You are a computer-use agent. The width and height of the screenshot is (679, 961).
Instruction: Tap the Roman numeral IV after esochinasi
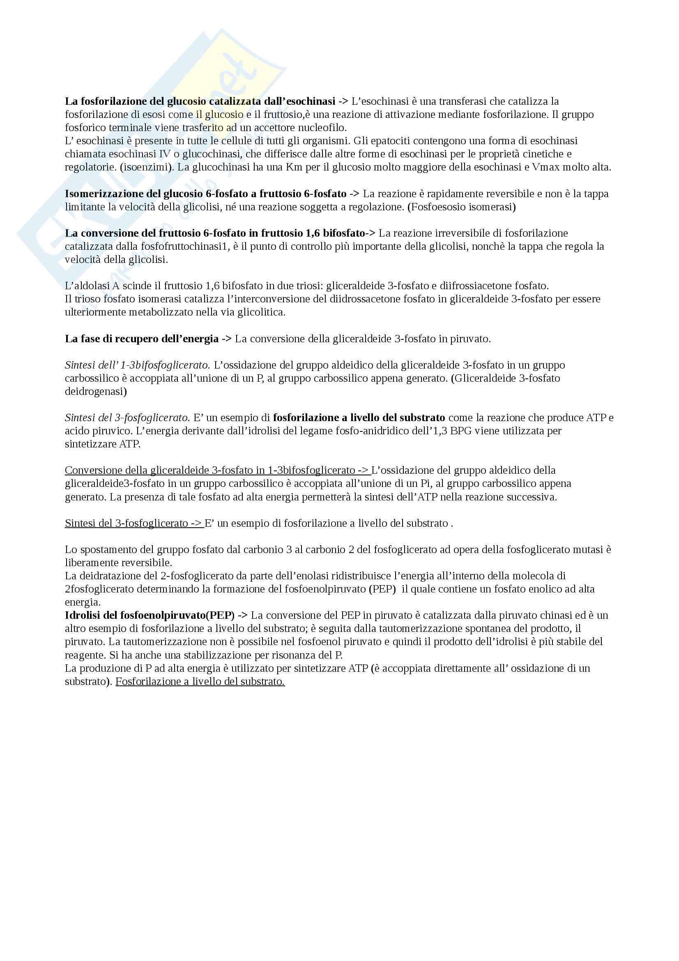163,154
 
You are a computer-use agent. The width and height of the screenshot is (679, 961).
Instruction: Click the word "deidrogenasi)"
96,392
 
